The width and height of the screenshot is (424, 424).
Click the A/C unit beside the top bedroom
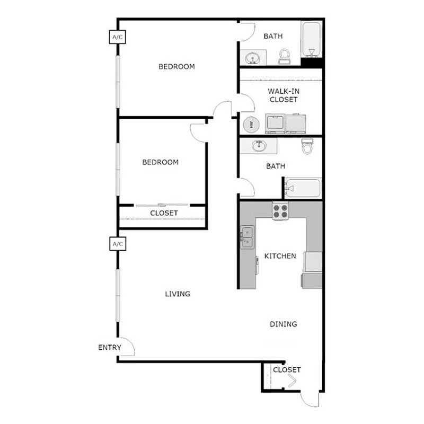point(117,37)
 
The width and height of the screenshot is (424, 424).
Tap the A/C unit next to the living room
point(117,244)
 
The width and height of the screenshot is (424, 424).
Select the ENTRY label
point(110,348)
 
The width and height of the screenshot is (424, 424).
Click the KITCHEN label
point(280,256)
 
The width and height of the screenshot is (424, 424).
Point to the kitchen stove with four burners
point(280,211)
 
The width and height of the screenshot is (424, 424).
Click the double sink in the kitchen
point(247,236)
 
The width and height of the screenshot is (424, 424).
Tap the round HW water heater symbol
point(251,125)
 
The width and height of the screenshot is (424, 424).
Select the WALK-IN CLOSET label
point(283,95)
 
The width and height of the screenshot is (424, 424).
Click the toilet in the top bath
point(285,56)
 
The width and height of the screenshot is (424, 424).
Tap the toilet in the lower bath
point(307,147)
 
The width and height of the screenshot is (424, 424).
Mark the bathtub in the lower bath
point(302,188)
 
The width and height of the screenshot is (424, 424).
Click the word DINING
point(283,324)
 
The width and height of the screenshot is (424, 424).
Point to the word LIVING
point(177,294)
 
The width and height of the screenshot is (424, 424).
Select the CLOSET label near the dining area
point(287,369)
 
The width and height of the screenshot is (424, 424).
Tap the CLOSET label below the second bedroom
point(164,213)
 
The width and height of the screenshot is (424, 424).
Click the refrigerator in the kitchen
point(313,261)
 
